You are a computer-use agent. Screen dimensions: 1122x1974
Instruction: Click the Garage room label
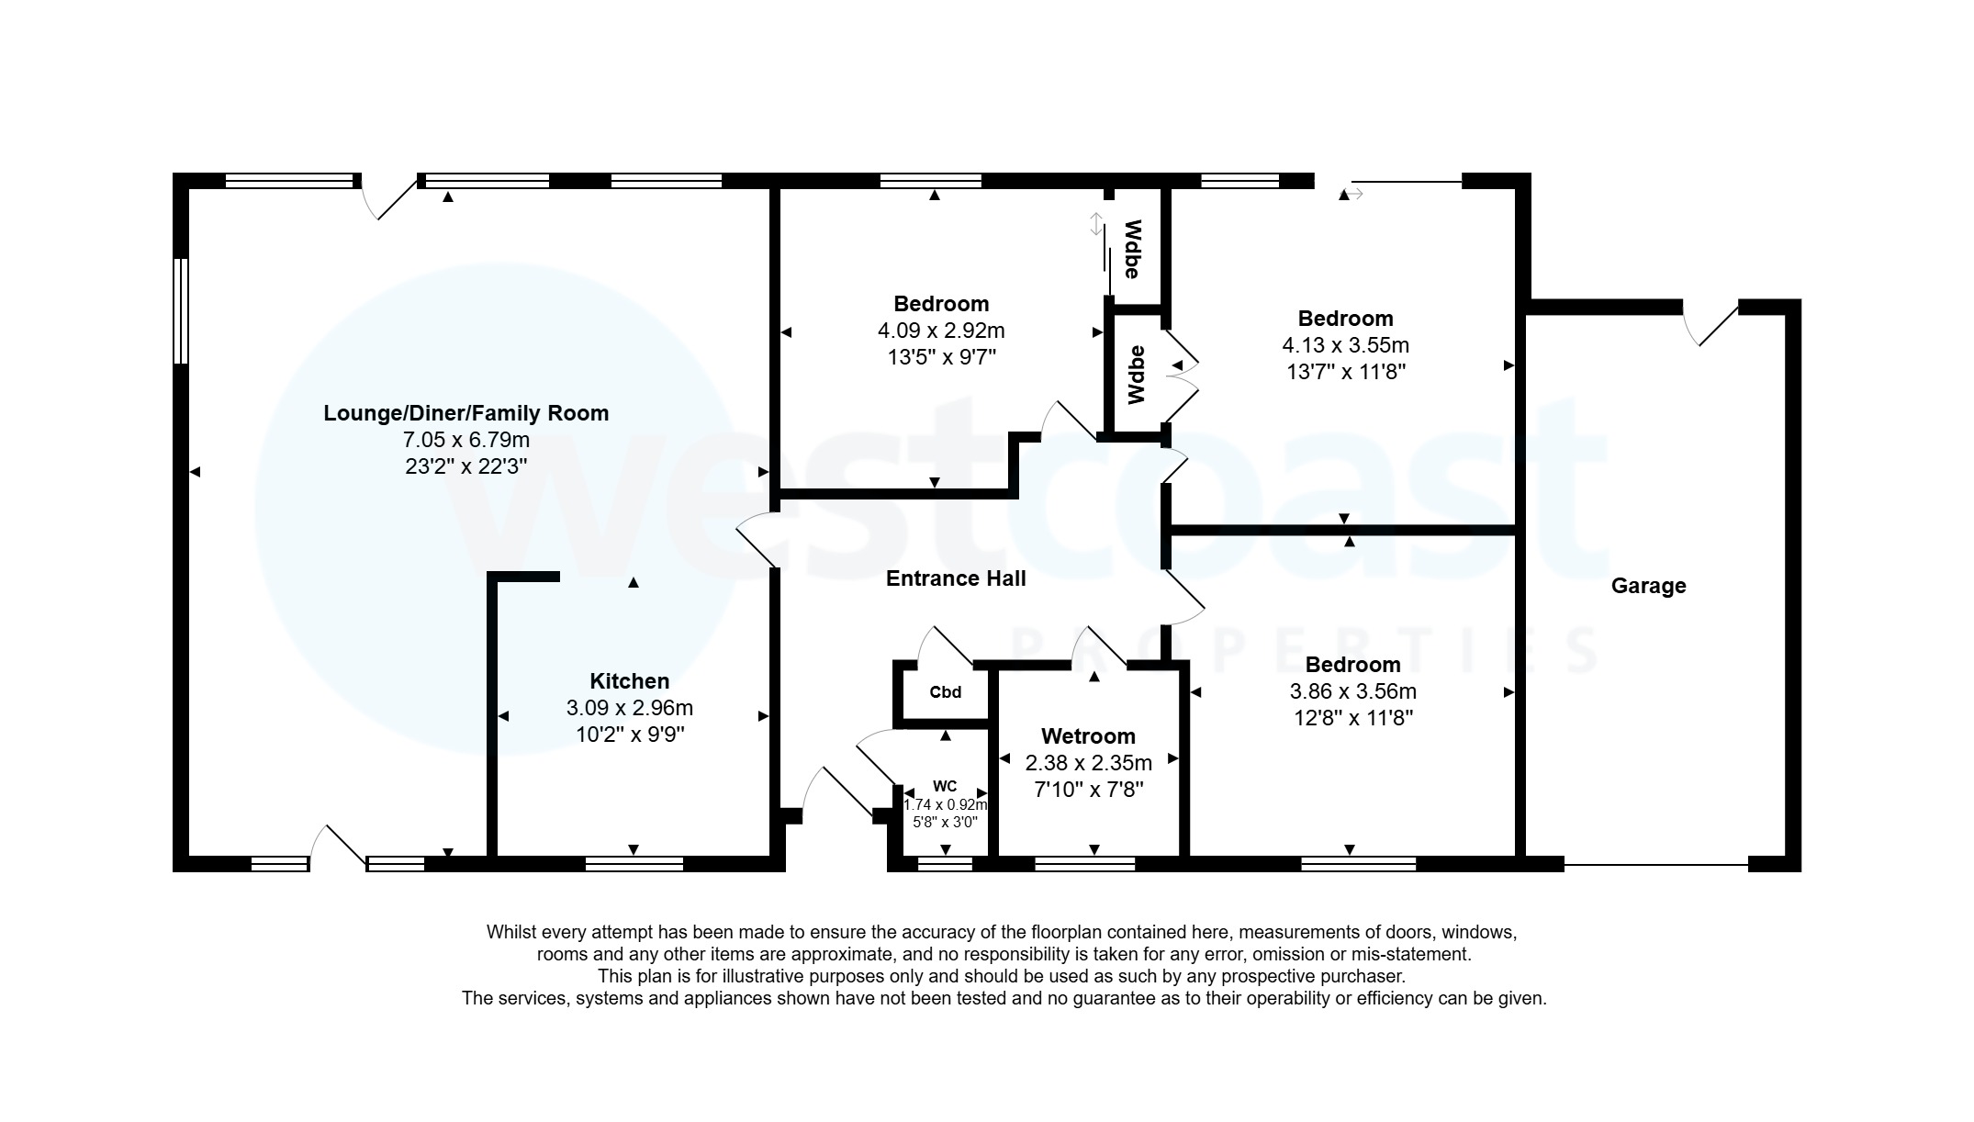(x=1648, y=586)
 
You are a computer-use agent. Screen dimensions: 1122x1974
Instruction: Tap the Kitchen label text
(x=629, y=681)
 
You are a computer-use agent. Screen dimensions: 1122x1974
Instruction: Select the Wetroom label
(x=1088, y=736)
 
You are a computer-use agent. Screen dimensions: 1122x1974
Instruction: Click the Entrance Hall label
(x=956, y=578)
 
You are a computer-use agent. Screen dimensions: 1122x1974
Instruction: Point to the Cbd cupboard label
(x=945, y=692)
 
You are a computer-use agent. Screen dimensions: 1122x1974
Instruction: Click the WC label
(x=945, y=786)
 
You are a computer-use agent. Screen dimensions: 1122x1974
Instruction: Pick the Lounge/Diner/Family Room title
(x=465, y=413)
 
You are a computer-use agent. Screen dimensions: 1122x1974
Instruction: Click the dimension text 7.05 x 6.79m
(x=466, y=440)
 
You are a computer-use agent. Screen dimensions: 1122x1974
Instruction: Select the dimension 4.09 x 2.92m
(x=941, y=331)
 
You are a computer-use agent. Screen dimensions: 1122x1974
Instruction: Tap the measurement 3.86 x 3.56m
(x=1353, y=691)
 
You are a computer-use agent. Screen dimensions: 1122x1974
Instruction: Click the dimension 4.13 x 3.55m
(x=1345, y=345)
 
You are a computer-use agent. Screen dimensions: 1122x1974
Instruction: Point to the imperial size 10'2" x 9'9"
(x=629, y=735)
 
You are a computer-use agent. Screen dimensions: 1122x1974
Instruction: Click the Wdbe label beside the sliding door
(x=1133, y=249)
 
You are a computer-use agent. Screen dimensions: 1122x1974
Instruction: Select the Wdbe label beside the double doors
(x=1137, y=375)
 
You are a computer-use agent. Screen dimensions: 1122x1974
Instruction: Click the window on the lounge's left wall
(x=182, y=310)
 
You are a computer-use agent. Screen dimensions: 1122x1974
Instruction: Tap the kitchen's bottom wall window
(x=634, y=863)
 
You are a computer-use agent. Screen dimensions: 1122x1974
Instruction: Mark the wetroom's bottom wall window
(x=1084, y=863)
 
